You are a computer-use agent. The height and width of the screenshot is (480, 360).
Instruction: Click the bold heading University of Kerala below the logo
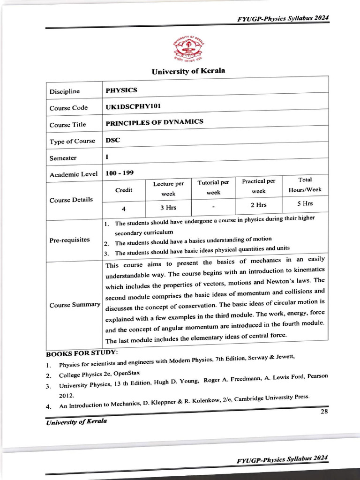(188, 71)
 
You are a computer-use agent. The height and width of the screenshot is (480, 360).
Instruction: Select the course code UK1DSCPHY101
(134, 106)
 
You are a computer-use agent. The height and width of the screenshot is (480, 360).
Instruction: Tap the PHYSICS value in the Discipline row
(121, 90)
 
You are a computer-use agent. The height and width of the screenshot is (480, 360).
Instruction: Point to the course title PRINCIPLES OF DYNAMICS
(154, 122)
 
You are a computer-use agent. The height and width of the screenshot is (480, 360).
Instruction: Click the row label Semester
(63, 158)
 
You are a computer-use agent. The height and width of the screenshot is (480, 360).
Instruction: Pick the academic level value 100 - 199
(120, 173)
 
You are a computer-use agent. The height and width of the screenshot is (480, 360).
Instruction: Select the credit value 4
(124, 208)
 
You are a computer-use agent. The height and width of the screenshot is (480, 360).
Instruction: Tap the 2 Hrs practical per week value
(258, 205)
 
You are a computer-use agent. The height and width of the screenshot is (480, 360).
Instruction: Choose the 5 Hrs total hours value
(305, 203)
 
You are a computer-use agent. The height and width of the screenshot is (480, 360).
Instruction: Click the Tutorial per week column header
(213, 187)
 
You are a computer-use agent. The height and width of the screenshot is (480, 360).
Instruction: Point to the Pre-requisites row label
(69, 240)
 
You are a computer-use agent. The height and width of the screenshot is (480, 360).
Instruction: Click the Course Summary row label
(75, 305)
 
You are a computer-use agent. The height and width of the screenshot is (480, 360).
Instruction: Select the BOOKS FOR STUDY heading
(82, 352)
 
